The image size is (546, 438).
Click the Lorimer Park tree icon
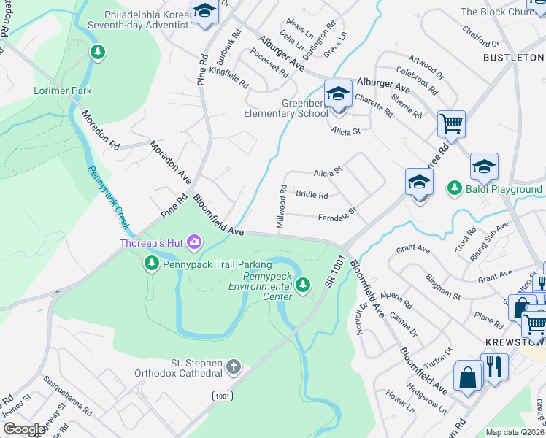97,53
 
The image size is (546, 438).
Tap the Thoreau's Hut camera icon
194,242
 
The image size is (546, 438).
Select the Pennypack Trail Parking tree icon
152,264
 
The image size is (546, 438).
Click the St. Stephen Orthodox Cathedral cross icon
233,366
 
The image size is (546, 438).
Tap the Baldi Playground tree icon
455,189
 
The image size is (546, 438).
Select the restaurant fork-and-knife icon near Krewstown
494,366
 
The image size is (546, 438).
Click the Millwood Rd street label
282,208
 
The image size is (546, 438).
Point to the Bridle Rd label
312,195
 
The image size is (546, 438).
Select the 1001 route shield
223,395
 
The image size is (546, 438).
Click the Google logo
23,429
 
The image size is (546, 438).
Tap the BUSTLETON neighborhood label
512,57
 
